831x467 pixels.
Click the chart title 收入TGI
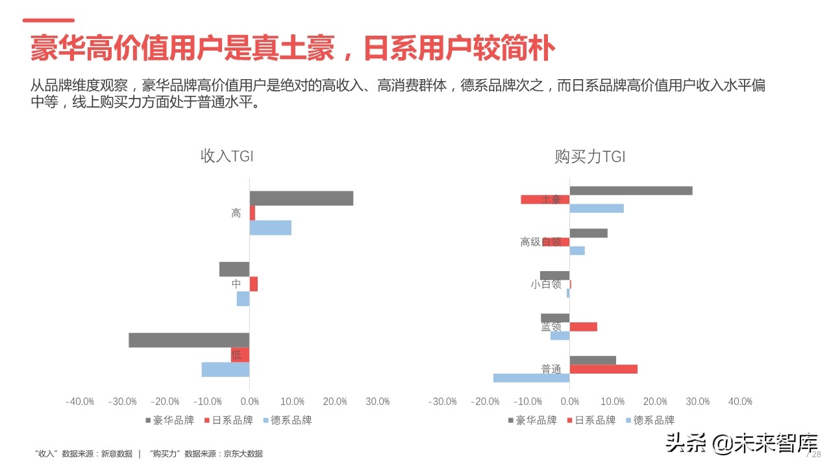[x=227, y=156]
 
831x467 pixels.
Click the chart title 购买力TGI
[x=589, y=156]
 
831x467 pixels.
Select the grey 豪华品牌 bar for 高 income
[x=301, y=198]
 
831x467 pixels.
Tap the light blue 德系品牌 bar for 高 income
[x=271, y=228]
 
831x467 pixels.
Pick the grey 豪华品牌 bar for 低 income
[x=189, y=340]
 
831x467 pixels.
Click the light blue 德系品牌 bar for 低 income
[x=225, y=369]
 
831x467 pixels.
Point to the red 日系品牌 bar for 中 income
[x=254, y=284]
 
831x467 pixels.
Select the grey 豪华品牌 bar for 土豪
[x=631, y=191]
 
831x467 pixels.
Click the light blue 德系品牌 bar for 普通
[x=531, y=377]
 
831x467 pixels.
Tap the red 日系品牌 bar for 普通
[x=604, y=369]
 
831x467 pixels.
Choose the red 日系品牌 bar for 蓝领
[x=584, y=327]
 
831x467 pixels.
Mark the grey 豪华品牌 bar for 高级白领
[x=589, y=233]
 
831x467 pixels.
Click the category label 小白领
[x=545, y=284]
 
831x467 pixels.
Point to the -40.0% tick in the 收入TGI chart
[x=80, y=401]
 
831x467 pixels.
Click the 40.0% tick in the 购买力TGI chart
[x=741, y=401]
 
